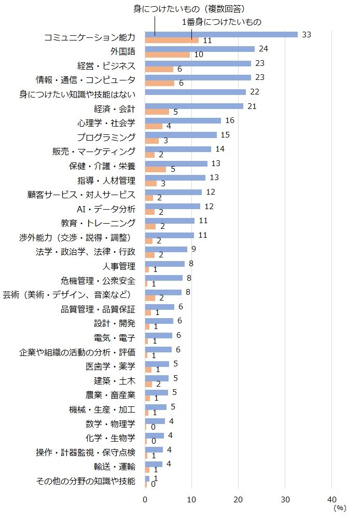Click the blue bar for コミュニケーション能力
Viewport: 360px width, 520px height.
[221, 34]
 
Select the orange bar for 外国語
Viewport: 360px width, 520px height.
[168, 54]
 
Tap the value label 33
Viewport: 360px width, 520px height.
[306, 34]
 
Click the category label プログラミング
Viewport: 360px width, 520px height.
[106, 137]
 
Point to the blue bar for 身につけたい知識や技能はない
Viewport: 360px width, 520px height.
[196, 92]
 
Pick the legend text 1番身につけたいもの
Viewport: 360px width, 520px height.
[221, 22]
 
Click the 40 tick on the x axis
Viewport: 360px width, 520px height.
[331, 499]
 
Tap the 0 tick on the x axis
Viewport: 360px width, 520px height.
[145, 499]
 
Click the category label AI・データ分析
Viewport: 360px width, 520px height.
[105, 209]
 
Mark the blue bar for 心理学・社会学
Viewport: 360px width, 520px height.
[183, 120]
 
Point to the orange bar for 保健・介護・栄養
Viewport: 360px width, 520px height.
[156, 169]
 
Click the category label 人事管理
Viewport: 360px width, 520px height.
[119, 266]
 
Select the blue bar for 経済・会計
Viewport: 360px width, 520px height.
[194, 106]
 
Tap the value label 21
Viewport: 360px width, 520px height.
[252, 106]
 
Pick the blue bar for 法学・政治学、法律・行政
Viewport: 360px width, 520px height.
[166, 249]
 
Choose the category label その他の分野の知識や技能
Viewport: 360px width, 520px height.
[86, 481]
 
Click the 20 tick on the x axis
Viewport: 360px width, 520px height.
[238, 499]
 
